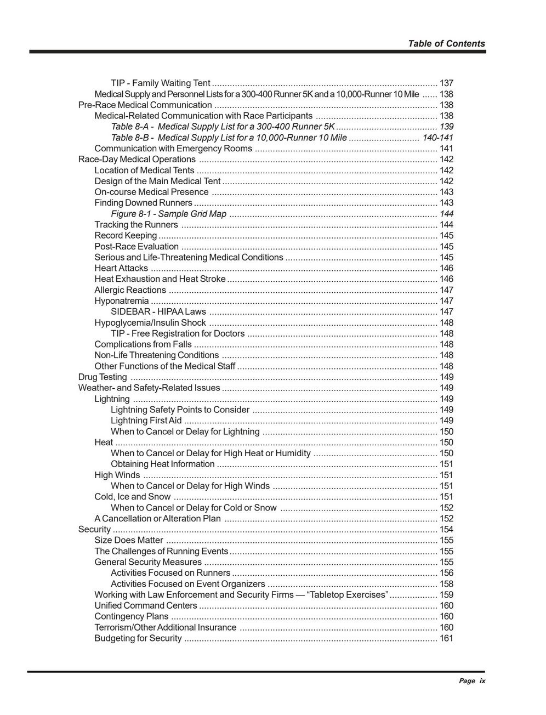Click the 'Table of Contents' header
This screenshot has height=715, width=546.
pos(446,44)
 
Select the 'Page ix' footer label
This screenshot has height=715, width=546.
pos(472,681)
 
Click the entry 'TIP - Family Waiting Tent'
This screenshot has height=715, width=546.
pos(160,83)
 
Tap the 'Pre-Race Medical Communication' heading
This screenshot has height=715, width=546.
pos(145,105)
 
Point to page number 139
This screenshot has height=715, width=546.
pos(446,127)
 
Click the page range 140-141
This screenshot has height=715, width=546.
pos(437,138)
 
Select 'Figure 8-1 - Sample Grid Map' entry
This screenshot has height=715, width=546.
pos(168,214)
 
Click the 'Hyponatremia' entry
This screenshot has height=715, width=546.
pos(121,301)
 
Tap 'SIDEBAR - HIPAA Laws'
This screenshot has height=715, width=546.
pos(158,312)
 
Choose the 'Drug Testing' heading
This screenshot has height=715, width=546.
pos(103,377)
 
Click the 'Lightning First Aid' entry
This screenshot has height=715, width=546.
pos(146,421)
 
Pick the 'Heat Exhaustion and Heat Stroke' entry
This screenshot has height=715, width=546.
pos(160,279)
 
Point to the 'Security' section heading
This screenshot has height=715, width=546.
pos(94,530)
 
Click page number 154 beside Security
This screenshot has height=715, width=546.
pos(446,530)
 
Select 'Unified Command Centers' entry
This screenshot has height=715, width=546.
pos(145,606)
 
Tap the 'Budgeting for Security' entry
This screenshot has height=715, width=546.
pos(138,638)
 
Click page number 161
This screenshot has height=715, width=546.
pos(446,638)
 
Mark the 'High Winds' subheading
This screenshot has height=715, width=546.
pos(117,475)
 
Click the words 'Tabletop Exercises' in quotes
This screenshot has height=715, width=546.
pos(349,595)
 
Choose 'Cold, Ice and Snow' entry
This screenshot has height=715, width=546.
pos(132,497)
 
